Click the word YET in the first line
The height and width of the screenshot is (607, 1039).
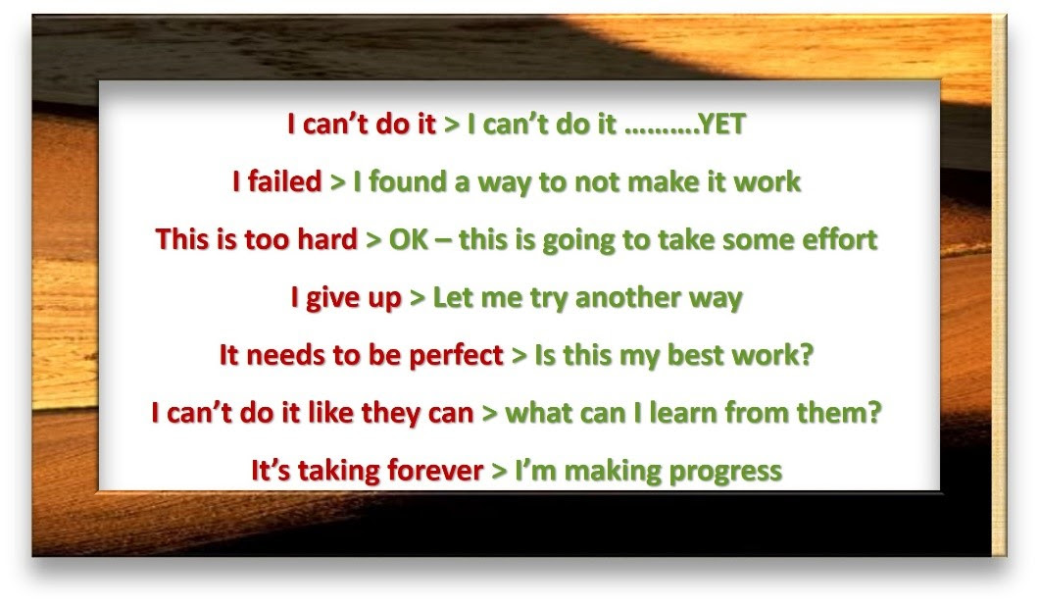point(722,124)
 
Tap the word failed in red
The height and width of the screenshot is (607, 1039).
point(284,181)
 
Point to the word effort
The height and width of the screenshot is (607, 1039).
point(840,239)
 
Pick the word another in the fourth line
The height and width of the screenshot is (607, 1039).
point(627,297)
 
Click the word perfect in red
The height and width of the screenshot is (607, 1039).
point(456,356)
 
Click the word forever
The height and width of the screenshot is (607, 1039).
point(435,471)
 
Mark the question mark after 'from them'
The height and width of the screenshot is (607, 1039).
point(874,413)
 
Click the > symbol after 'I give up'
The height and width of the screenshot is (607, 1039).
point(418,298)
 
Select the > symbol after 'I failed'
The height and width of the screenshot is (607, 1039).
point(337,182)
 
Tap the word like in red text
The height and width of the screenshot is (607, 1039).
point(330,413)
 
